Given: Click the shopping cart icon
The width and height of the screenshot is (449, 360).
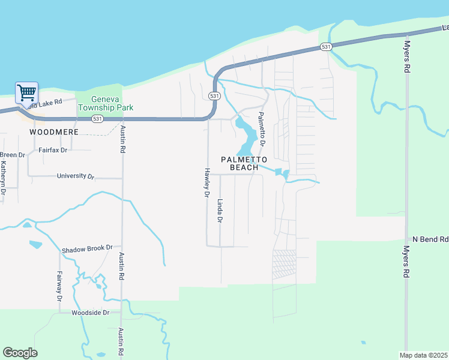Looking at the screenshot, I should [x=26, y=94].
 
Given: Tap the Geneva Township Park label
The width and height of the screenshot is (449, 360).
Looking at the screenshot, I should [x=112, y=104].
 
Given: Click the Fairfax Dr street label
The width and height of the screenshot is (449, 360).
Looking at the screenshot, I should [x=53, y=150].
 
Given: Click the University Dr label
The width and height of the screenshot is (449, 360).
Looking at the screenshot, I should [x=76, y=176].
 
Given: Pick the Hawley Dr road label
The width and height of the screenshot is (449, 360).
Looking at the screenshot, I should [x=205, y=182].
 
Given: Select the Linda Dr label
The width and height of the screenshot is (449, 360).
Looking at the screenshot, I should [x=220, y=211].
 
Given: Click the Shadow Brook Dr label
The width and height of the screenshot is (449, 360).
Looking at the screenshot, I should [x=87, y=248].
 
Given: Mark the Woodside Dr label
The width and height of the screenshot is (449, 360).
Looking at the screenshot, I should [x=90, y=313].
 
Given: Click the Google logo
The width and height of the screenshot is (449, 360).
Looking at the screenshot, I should [x=20, y=353].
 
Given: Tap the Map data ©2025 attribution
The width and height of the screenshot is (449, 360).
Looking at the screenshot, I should [x=423, y=355].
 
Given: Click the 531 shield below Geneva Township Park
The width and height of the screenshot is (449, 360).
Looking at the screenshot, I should [x=97, y=119].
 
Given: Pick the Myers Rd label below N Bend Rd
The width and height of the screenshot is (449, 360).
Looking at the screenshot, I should [x=406, y=261].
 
